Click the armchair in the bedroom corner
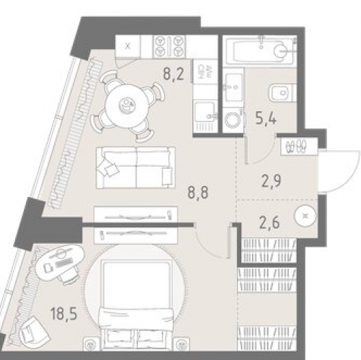(x=34, y=333)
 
